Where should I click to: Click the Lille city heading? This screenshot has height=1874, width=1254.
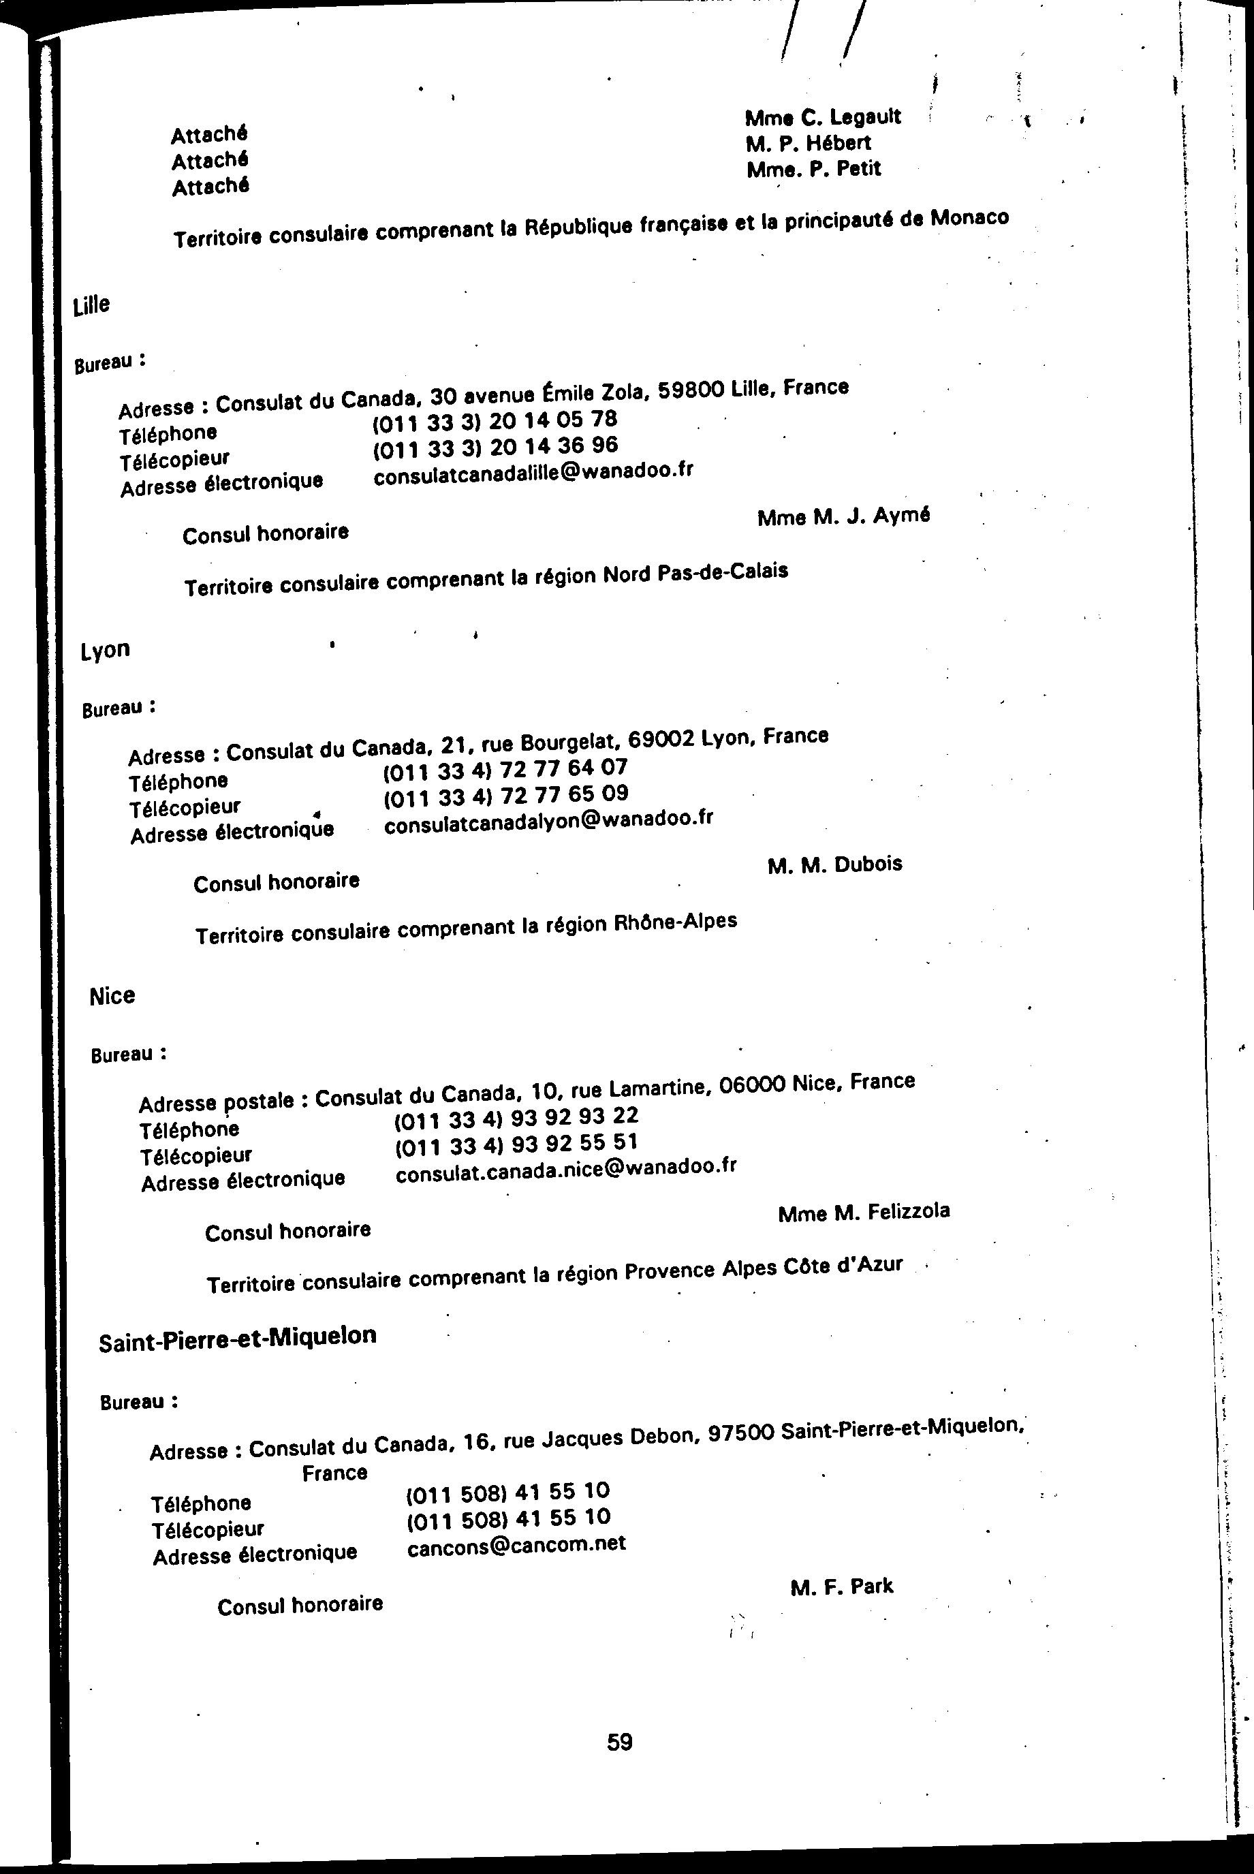tap(91, 304)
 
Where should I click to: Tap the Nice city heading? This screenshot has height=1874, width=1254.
tap(112, 996)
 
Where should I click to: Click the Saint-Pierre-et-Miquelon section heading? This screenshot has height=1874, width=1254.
tap(238, 1337)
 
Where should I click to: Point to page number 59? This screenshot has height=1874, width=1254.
tap(620, 1742)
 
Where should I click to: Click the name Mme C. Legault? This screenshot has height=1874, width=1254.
tap(823, 116)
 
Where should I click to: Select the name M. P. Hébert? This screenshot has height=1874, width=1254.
tap(808, 143)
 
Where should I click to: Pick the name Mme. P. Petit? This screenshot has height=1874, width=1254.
tap(813, 170)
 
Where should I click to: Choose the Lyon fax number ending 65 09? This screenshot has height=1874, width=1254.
tap(505, 795)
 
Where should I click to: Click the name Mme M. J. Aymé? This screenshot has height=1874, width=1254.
tap(843, 516)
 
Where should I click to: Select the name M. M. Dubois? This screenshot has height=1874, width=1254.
tap(834, 864)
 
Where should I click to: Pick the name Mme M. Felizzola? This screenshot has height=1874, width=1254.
tap(863, 1213)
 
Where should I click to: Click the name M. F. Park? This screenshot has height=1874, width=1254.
tap(841, 1587)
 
